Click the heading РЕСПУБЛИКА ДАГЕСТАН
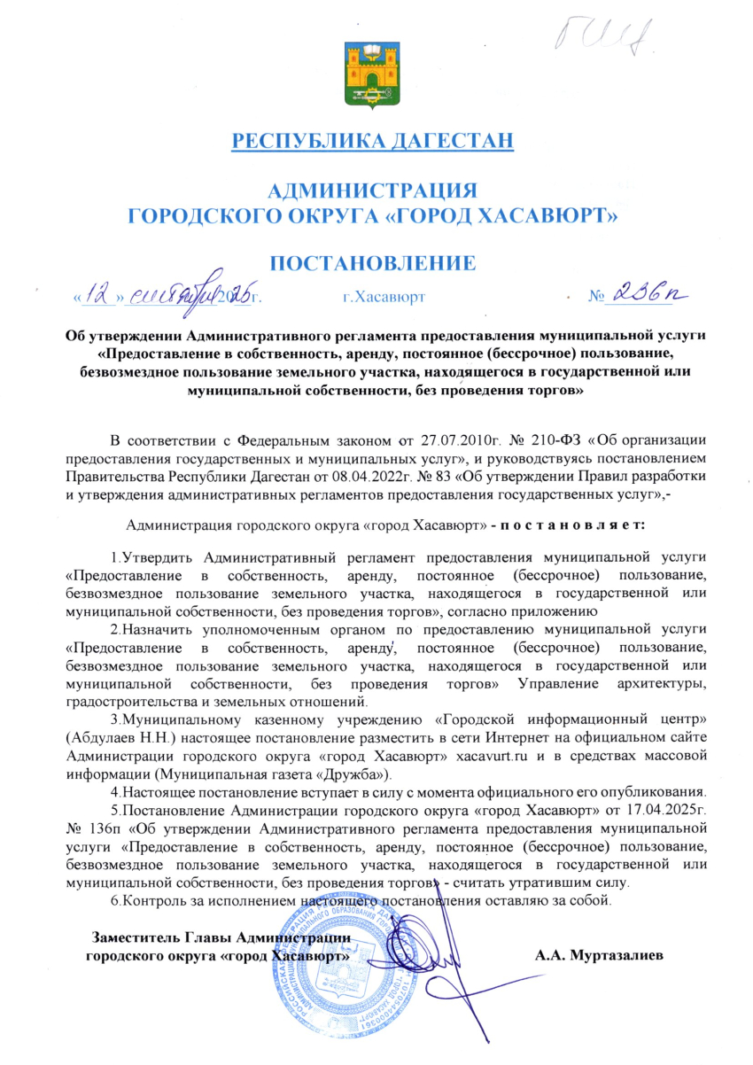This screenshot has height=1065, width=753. tap(372, 140)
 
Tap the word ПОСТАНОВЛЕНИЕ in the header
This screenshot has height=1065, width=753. tap(373, 262)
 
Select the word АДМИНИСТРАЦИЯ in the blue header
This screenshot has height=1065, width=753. tap(373, 190)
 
